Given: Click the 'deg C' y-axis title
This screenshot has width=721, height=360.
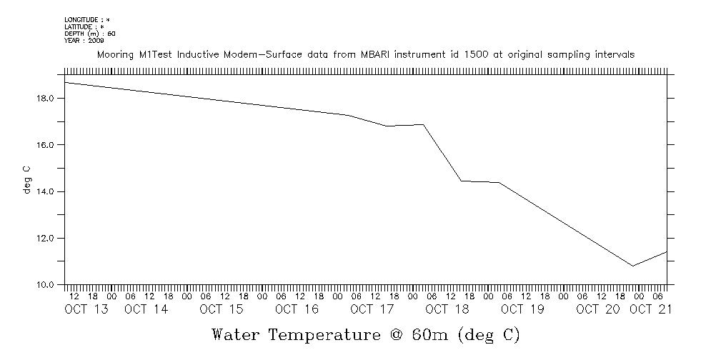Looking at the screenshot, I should tap(26, 179).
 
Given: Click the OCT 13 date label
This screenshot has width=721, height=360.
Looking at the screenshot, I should tap(86, 309).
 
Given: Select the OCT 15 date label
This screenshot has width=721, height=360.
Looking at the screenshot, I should tap(222, 309).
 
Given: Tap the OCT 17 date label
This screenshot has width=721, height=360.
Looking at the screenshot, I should tap(372, 309).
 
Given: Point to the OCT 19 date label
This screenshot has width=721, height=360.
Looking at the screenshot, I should tap(522, 309).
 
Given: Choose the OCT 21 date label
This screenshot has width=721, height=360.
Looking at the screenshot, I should tap(650, 309).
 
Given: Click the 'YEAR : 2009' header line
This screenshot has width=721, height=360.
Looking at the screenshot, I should tap(84, 41).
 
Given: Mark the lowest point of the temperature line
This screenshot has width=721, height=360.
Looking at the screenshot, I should tap(632, 266).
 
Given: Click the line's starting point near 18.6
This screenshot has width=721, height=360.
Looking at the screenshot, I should tap(66, 83).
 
